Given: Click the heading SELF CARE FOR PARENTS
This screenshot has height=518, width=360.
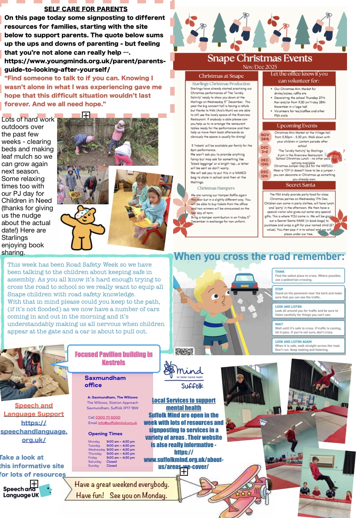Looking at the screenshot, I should [x=86, y=9].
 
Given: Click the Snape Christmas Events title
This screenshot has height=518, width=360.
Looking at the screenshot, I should [x=260, y=59].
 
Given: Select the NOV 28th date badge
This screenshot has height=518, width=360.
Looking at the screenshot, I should [x=265, y=137].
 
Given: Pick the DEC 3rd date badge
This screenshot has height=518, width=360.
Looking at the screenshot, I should [x=264, y=149].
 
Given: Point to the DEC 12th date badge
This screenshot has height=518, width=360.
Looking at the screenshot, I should [x=264, y=174].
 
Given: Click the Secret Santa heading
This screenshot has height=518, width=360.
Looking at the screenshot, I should [x=300, y=185].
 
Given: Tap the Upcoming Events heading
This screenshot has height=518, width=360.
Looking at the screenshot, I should [x=297, y=126].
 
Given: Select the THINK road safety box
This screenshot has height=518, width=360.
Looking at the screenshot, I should [x=308, y=276].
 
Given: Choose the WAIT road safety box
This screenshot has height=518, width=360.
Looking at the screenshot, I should [x=308, y=328].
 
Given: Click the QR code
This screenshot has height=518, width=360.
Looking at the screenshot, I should [x=184, y=352].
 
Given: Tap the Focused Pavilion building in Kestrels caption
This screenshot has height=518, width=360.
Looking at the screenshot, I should [x=113, y=358].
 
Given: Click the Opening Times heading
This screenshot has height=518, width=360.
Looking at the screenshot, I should [x=105, y=433].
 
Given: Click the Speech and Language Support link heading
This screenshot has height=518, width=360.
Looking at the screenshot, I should [x=34, y=410].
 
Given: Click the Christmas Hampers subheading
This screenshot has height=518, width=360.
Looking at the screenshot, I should [x=216, y=188].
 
